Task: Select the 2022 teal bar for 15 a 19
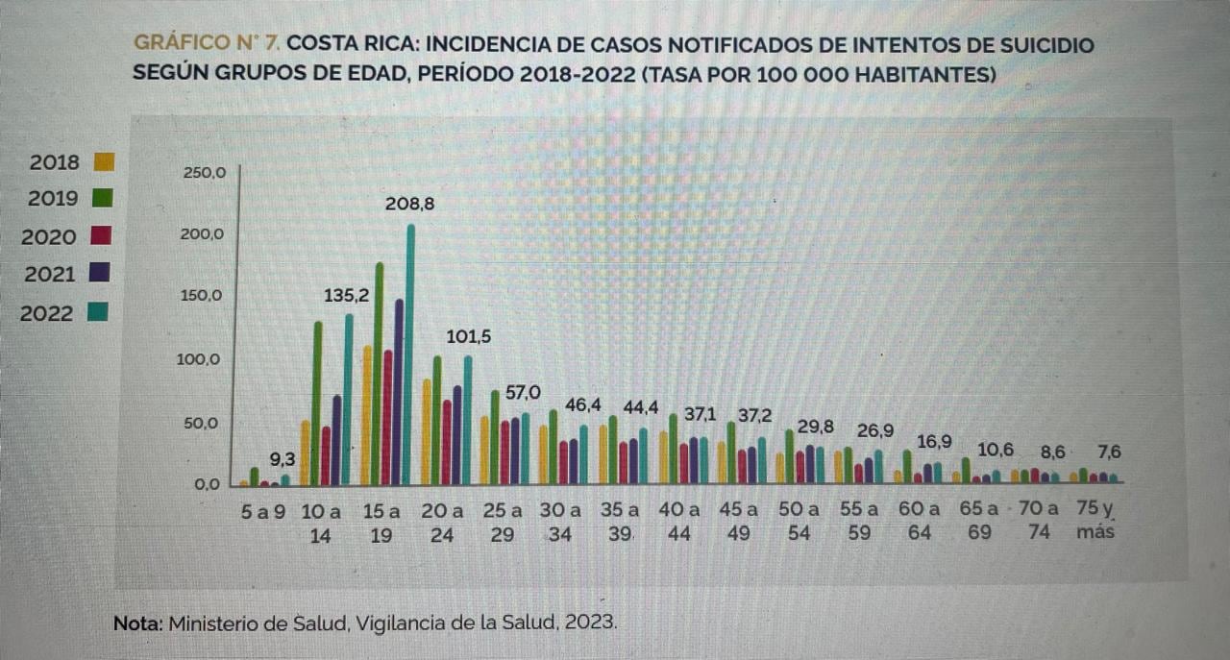click(410, 355)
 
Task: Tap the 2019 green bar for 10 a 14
click(317, 403)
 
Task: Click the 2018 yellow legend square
click(104, 161)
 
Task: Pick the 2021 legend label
click(49, 275)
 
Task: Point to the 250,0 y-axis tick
click(203, 174)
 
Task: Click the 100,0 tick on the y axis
click(203, 360)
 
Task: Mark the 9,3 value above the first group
click(282, 459)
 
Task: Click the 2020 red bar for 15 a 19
click(388, 418)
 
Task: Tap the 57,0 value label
click(523, 392)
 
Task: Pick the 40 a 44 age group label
click(679, 521)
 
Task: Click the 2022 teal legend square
click(96, 311)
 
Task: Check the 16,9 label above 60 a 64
click(933, 442)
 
